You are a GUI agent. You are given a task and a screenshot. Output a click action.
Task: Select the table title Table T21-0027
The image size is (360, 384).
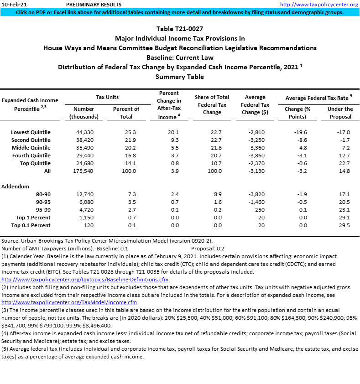pos(180,29)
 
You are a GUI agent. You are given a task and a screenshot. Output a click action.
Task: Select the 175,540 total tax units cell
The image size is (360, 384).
pos(83,171)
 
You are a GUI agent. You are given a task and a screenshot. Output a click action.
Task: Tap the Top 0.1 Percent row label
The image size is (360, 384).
pos(31,225)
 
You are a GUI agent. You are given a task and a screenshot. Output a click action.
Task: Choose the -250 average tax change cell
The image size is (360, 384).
pos(258,210)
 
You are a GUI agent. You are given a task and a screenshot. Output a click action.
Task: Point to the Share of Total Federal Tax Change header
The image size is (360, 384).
pos(212,104)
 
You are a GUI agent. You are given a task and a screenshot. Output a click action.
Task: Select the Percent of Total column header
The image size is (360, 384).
pos(126,113)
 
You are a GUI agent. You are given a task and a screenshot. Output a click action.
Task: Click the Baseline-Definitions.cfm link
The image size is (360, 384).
pos(85,279)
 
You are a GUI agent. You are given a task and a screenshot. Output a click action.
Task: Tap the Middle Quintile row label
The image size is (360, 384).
pos(31,148)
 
